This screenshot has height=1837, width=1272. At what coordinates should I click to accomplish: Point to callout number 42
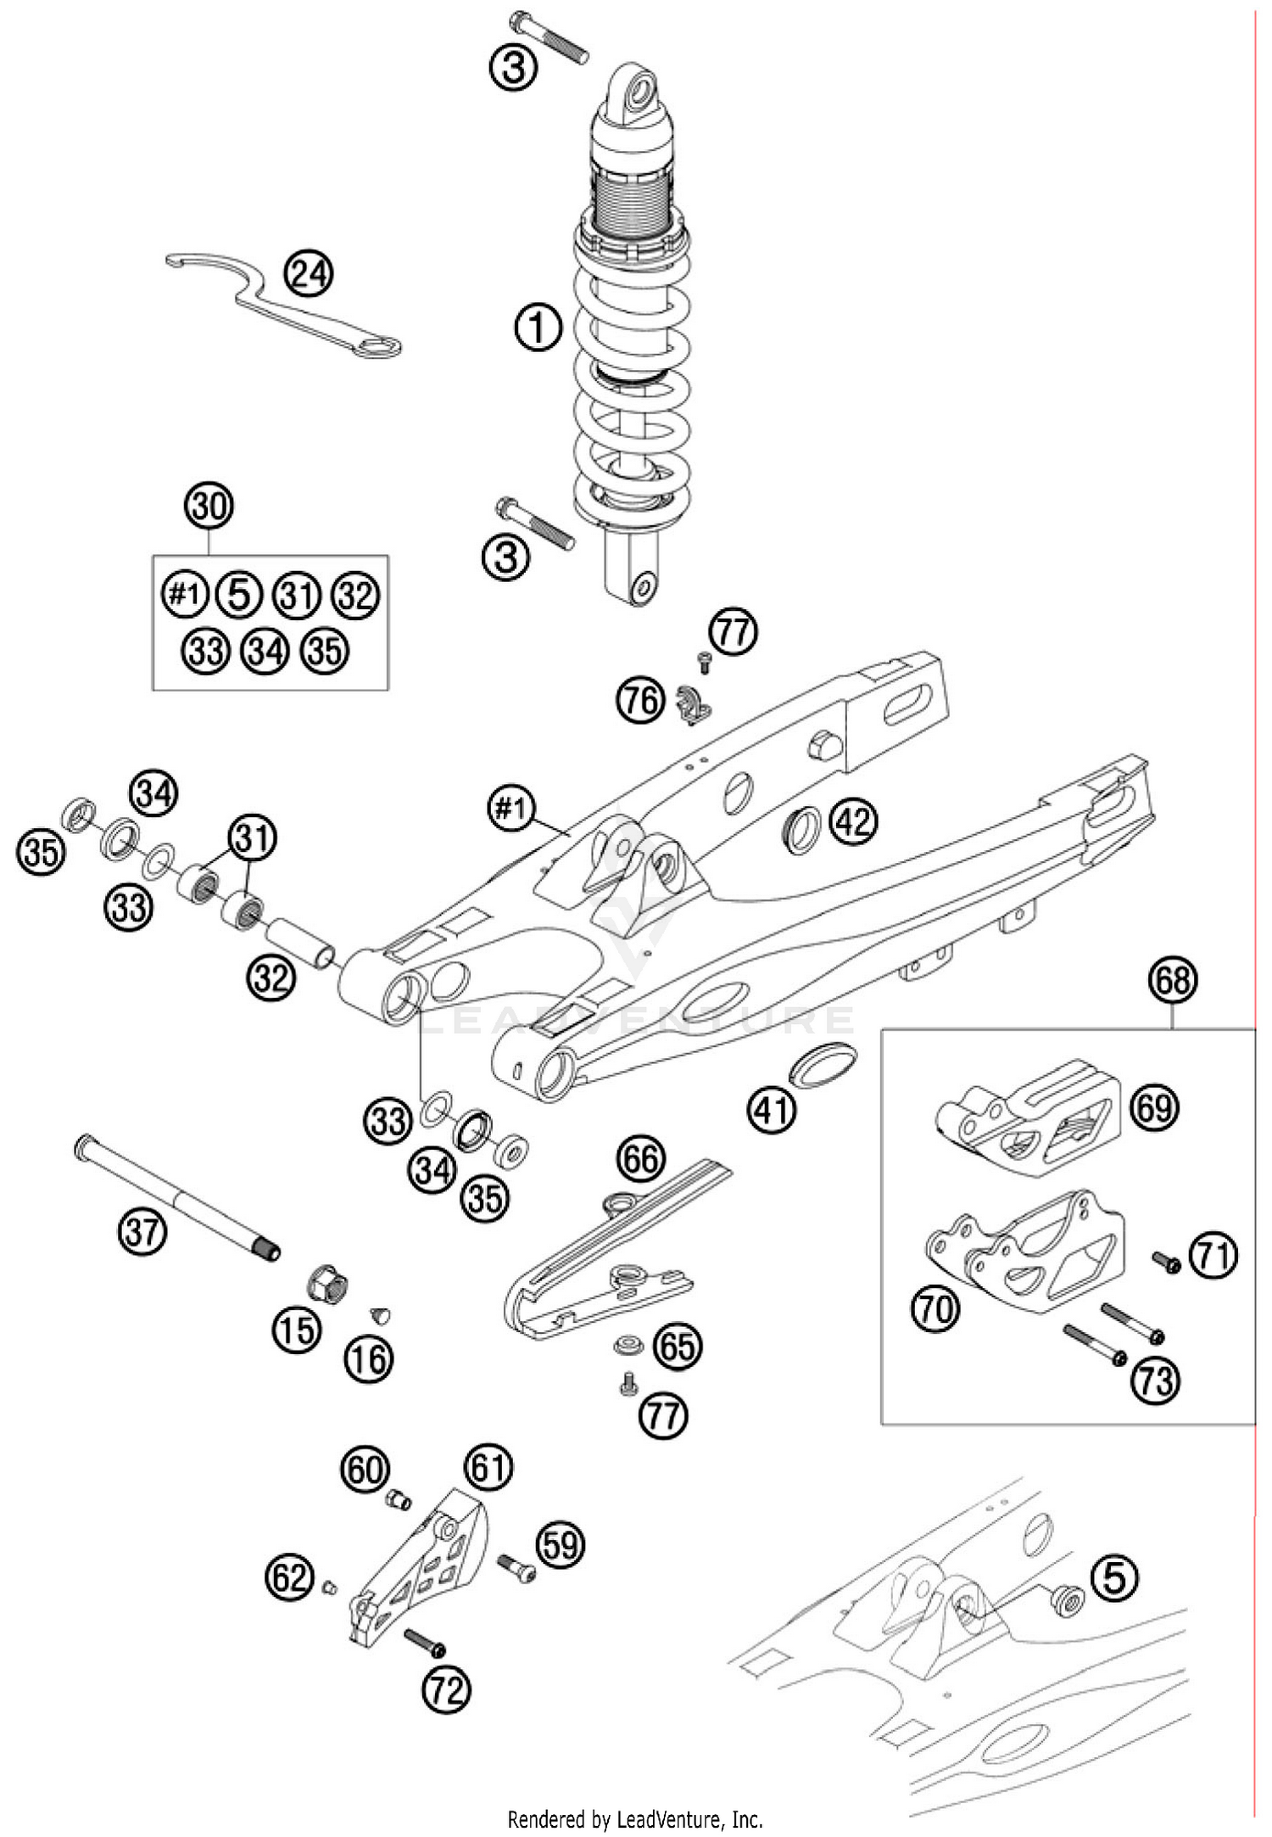pos(854,820)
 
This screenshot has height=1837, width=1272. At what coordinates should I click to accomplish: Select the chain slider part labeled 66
pos(611,1247)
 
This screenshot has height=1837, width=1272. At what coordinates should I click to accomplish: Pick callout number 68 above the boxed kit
pos(1173,981)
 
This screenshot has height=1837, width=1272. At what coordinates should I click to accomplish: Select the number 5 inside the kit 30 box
pos(239,595)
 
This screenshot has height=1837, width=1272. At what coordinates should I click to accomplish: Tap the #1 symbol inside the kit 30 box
pos(184,595)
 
